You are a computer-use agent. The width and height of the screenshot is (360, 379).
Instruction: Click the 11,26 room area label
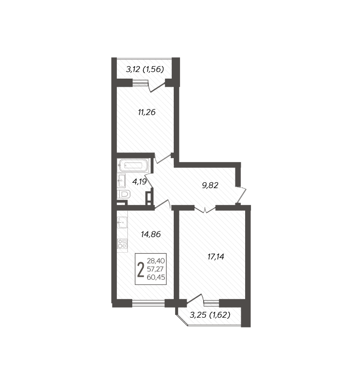(147, 112)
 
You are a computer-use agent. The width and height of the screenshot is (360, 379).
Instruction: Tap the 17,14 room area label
(216, 257)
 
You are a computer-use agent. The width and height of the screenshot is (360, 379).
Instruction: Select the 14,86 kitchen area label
(151, 234)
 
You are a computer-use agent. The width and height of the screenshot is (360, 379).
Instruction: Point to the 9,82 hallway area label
(210, 185)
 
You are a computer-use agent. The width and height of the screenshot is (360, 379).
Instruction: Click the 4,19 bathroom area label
(139, 181)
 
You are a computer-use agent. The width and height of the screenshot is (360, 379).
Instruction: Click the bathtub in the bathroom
(133, 165)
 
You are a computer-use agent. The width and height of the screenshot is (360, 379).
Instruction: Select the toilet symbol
(124, 194)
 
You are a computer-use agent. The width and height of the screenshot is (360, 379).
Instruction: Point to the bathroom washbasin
(121, 180)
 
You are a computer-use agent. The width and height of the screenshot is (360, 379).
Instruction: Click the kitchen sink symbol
(122, 222)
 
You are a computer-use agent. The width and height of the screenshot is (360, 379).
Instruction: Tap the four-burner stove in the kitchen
(122, 244)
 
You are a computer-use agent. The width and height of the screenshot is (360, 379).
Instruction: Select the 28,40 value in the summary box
(156, 261)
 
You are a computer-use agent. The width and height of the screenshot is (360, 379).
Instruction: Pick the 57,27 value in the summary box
(155, 269)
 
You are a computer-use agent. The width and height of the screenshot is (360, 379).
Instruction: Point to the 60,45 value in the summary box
(156, 277)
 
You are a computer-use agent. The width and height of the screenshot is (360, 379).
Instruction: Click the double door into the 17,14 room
(205, 209)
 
